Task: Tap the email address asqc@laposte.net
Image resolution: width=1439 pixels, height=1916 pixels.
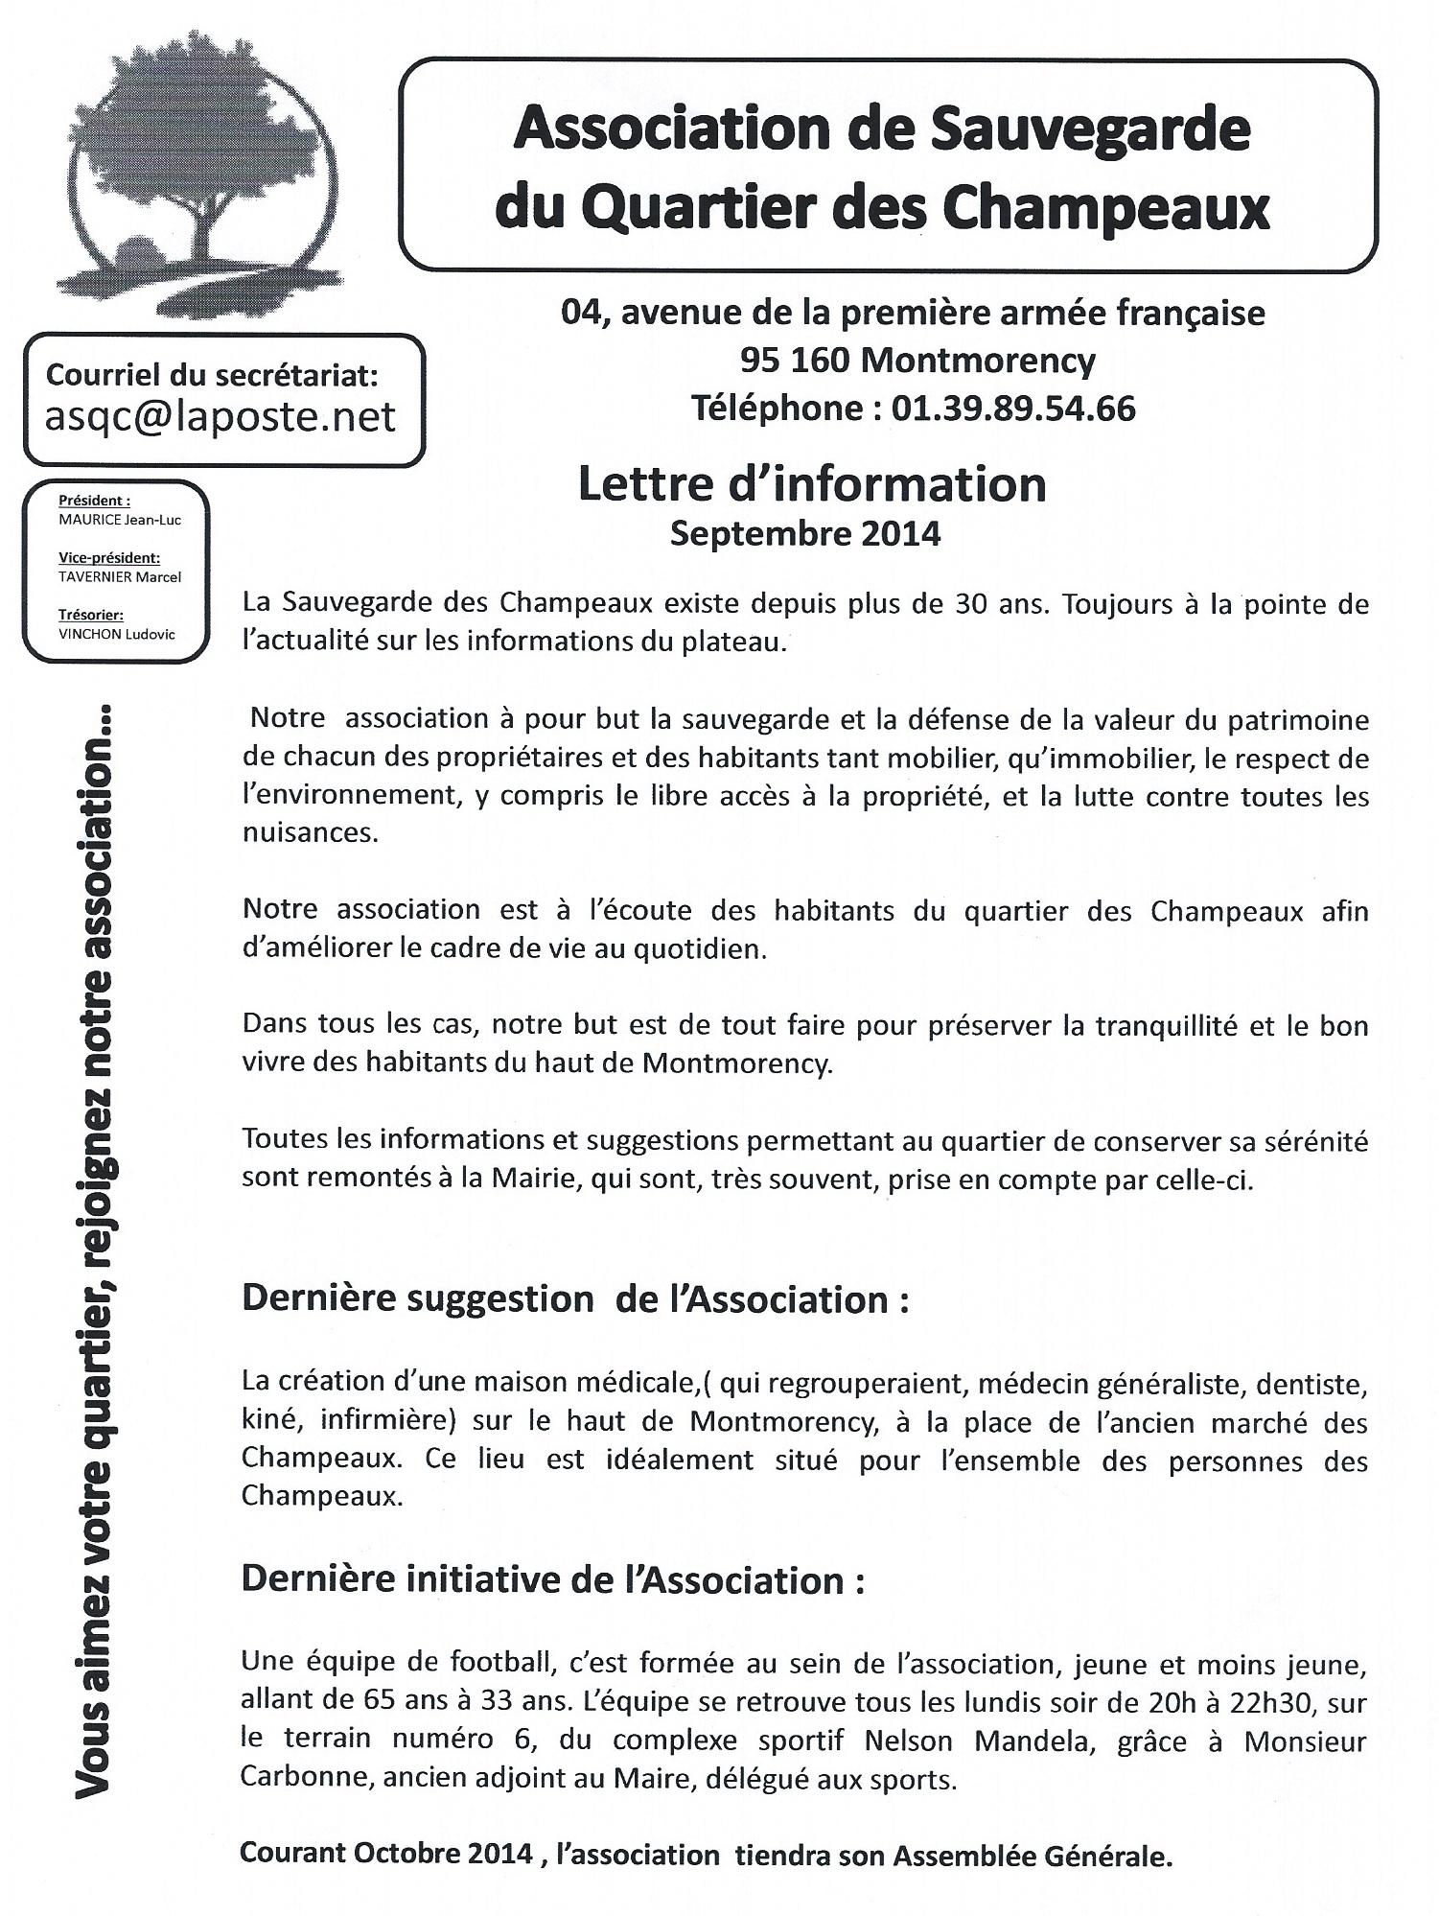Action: (220, 416)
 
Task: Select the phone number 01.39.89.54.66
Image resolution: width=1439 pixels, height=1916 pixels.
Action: (1013, 409)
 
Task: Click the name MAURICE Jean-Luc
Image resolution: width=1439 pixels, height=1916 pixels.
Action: (120, 520)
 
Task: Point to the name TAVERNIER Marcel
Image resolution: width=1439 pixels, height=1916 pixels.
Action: (120, 577)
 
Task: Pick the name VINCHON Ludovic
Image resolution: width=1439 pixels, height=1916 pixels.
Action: (117, 634)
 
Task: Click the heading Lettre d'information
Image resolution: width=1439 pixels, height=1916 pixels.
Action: (811, 484)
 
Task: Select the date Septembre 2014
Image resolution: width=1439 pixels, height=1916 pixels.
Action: (805, 533)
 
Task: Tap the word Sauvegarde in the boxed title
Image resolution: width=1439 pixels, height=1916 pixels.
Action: (1090, 129)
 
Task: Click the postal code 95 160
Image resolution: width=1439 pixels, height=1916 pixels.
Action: (794, 361)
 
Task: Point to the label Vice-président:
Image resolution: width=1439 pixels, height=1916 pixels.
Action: (109, 558)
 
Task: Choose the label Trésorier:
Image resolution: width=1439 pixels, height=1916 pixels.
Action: (91, 615)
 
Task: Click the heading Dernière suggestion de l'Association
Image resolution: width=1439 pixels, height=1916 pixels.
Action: (575, 1299)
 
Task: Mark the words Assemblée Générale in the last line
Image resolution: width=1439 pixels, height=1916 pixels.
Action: (1033, 1857)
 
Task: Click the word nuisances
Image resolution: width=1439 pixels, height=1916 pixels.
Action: (310, 832)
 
